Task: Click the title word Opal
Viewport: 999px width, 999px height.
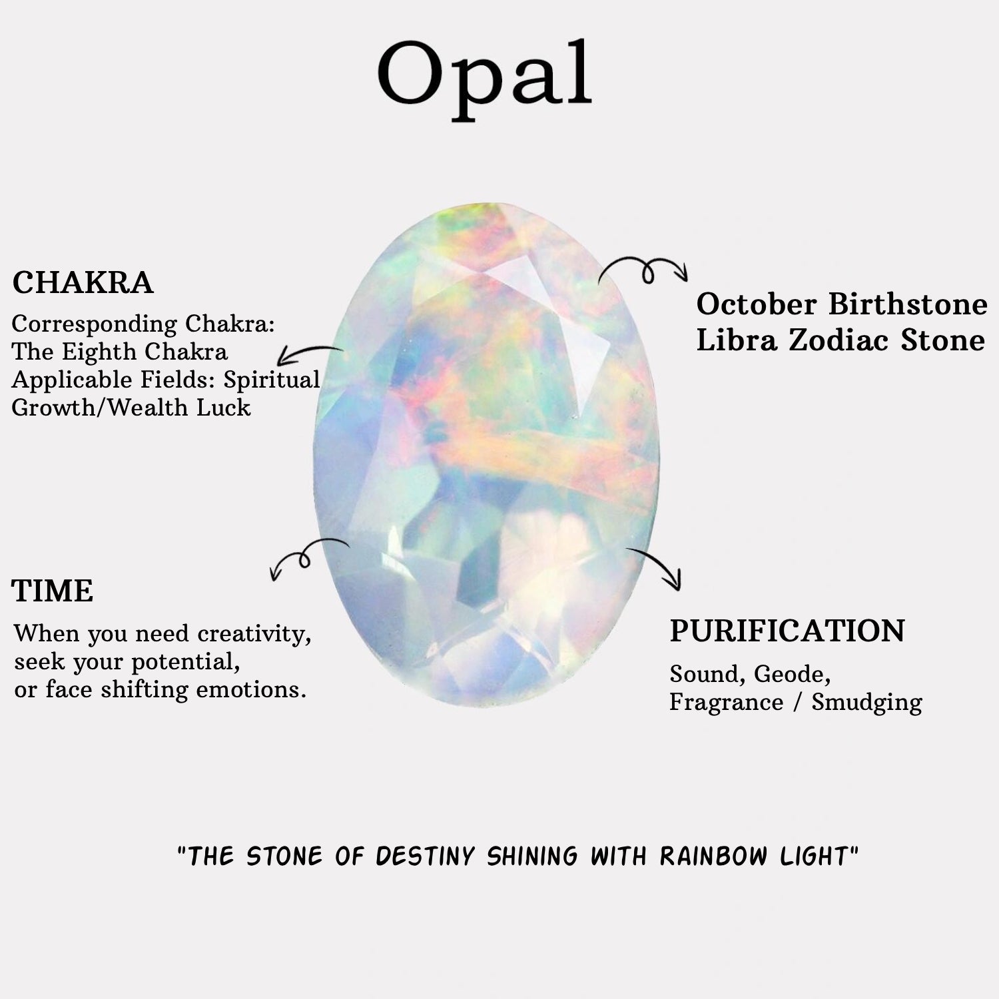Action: coord(485,79)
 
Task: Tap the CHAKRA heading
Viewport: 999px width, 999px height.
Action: coord(83,283)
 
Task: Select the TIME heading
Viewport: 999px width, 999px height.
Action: coord(53,591)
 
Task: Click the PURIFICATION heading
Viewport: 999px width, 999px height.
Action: coord(787,631)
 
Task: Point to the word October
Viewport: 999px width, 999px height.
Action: coord(757,304)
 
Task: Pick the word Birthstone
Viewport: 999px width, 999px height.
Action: coord(908,304)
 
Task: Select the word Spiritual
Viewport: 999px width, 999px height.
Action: coord(272,380)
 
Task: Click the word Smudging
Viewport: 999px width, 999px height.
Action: coord(866,703)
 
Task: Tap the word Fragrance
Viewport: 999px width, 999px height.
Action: coord(726,703)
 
